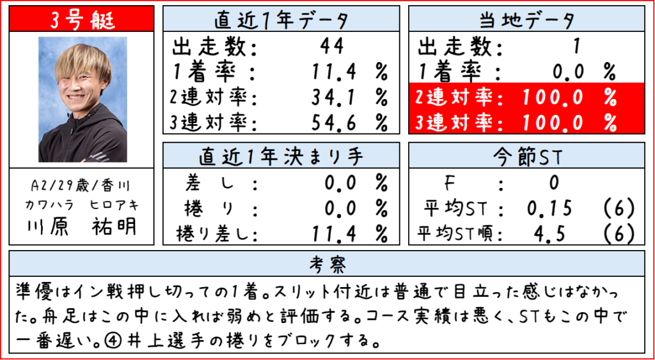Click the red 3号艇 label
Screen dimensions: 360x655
(82, 19)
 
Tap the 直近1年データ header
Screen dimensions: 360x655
(281, 20)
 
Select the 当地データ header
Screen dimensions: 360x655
(526, 20)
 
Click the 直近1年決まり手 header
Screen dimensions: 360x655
(281, 156)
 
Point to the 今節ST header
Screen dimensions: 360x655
(526, 156)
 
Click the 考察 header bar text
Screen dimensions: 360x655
(327, 264)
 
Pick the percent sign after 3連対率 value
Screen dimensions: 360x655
(609, 121)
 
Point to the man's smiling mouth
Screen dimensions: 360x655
(79, 100)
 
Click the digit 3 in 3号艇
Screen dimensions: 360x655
(55, 20)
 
